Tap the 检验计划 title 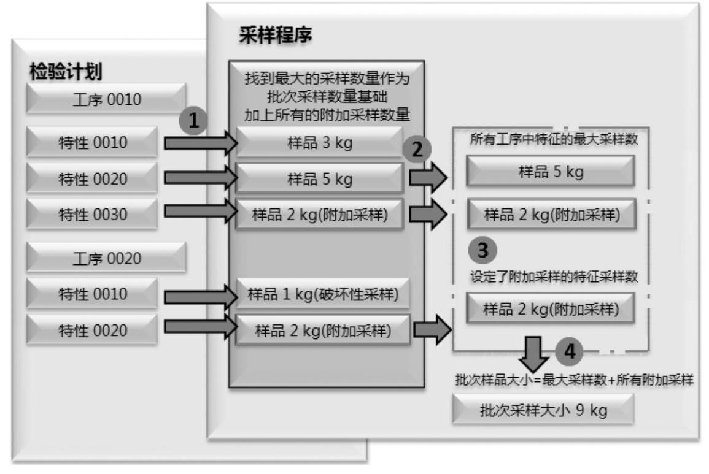click(66, 72)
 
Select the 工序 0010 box click(106, 99)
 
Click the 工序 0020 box click(106, 258)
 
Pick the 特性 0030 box click(92, 215)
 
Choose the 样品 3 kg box click(319, 143)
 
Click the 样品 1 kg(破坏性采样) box click(322, 295)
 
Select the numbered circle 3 click(483, 250)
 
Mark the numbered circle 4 click(570, 351)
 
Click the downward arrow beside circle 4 click(531, 353)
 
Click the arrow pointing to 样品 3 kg click(200, 143)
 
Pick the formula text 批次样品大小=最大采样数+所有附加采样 click(574, 380)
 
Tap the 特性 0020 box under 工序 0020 click(92, 331)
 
